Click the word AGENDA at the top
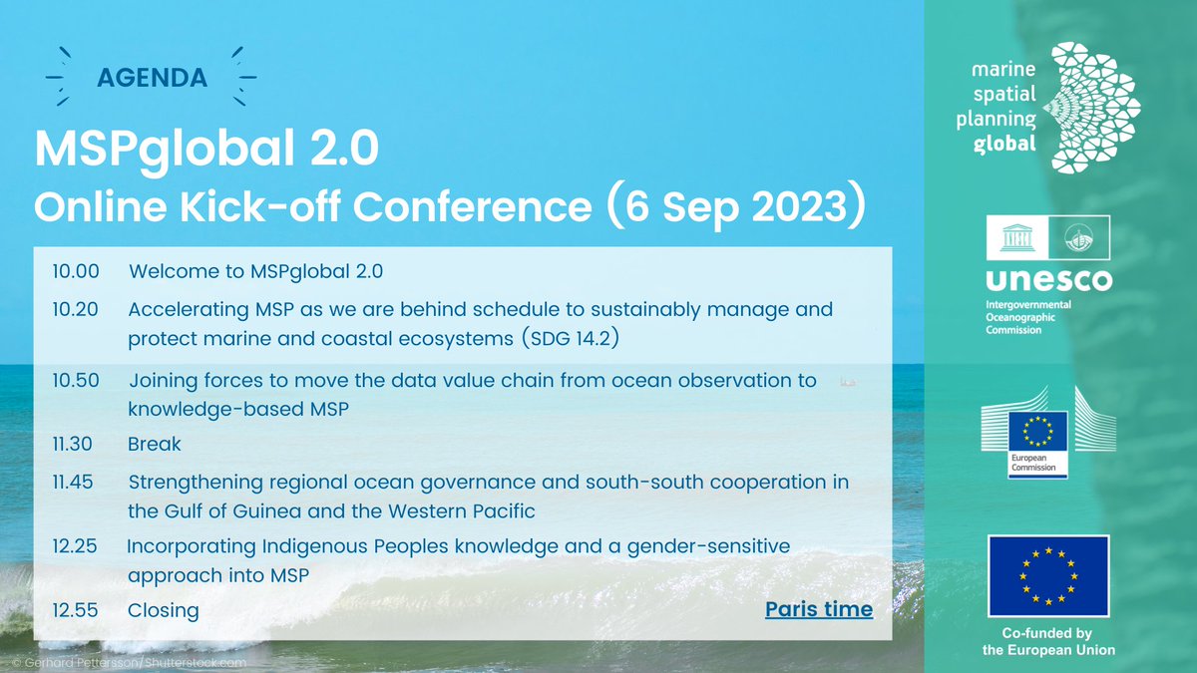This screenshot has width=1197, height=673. click(152, 77)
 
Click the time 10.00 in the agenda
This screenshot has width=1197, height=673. click(75, 270)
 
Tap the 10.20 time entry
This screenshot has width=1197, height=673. click(75, 309)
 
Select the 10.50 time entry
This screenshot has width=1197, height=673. click(75, 381)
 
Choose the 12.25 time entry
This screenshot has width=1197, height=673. click(75, 546)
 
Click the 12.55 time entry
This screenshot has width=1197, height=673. click(75, 610)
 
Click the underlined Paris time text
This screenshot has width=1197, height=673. click(819, 609)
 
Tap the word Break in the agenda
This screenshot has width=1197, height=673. click(155, 444)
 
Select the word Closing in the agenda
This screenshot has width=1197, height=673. click(164, 610)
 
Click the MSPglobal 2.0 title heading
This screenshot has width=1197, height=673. click(206, 150)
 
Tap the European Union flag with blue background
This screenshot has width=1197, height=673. click(1047, 576)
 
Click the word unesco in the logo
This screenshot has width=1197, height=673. click(1047, 280)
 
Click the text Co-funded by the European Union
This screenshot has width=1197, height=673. click(1047, 642)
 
